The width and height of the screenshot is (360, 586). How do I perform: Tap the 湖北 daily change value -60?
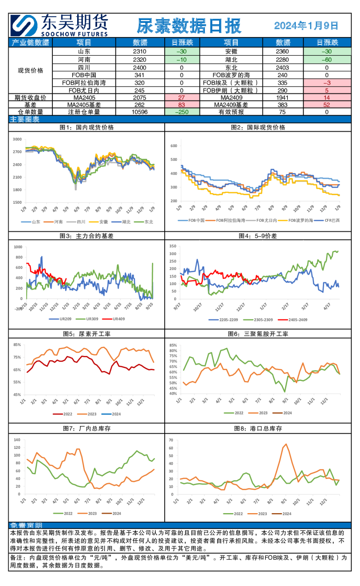(x=327, y=60)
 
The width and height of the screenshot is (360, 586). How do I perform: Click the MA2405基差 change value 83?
(x=181, y=105)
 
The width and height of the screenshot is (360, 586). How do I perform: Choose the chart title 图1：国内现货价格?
(x=87, y=128)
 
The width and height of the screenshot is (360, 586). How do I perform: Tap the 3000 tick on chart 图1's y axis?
(x=17, y=139)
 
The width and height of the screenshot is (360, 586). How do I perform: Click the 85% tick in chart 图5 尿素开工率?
(x=17, y=345)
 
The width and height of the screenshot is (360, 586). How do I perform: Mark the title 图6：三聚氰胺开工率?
(x=260, y=334)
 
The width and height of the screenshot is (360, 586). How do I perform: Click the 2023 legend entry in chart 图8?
(x=260, y=514)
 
